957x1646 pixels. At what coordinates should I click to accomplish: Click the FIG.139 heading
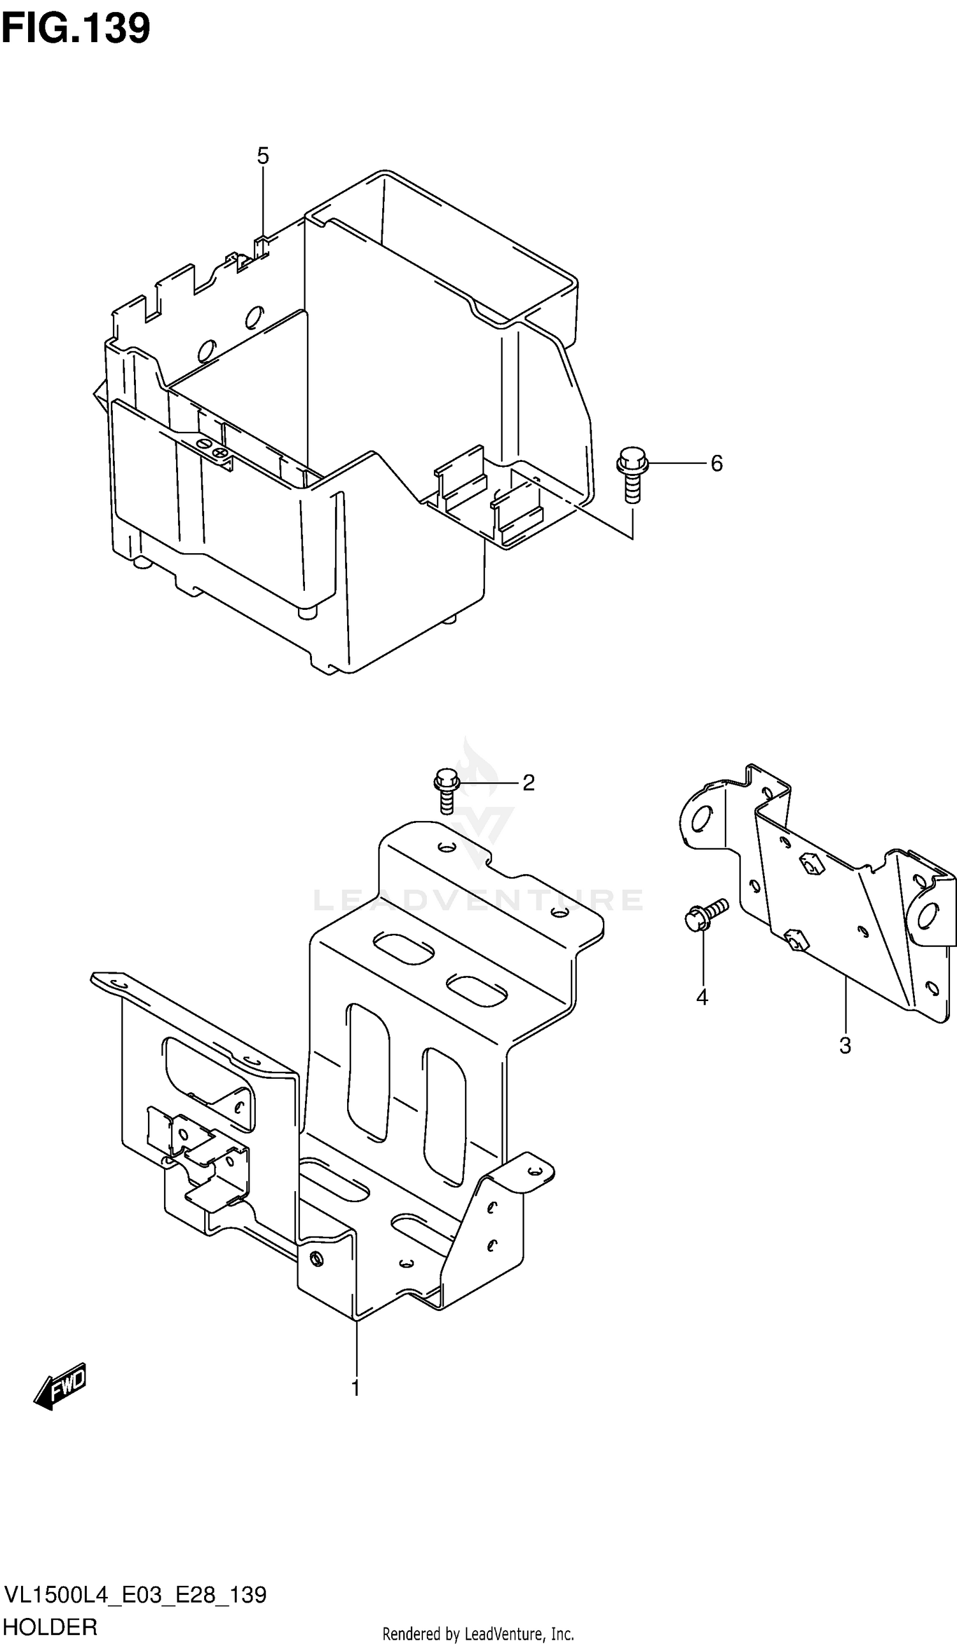76,27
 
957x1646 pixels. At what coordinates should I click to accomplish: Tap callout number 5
263,156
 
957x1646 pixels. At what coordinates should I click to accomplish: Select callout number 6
716,464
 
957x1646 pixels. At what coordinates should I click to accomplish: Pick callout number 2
528,783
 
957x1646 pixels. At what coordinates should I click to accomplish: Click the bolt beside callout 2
447,790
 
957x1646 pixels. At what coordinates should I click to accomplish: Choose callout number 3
845,1046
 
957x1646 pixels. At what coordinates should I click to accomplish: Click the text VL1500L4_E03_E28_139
136,1594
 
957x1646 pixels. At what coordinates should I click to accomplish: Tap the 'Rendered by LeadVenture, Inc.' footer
477,1635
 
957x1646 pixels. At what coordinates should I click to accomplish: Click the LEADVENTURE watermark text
478,900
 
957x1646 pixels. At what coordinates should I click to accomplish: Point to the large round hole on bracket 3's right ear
928,916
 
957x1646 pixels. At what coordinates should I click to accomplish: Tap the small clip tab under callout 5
262,247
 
